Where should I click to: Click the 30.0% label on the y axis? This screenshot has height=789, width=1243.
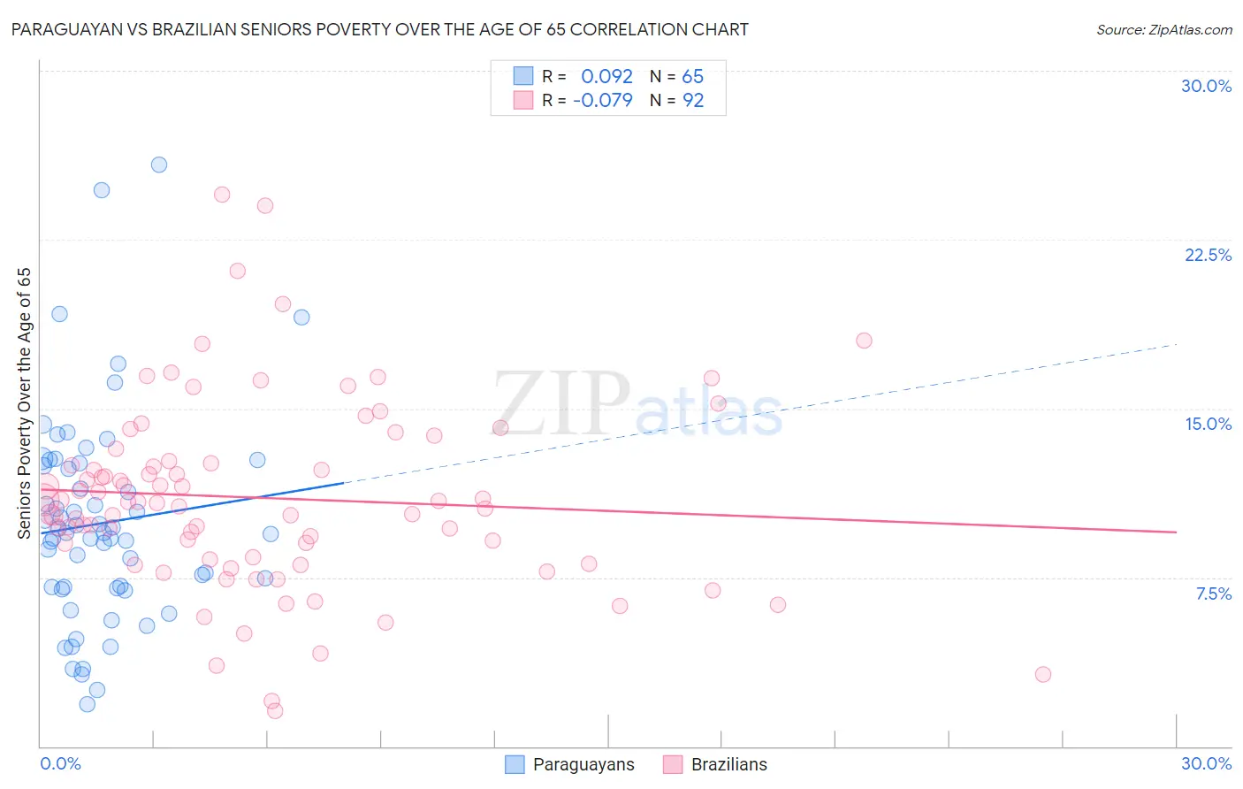coord(1206,86)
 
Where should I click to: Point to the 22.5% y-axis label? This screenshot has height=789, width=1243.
coord(1208,255)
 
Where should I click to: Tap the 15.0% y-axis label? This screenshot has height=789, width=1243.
coord(1208,424)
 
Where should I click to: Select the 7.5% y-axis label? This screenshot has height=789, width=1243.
coord(1213,594)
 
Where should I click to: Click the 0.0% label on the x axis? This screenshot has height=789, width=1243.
coord(60,763)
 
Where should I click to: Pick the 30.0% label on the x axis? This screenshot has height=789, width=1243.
coord(1206,763)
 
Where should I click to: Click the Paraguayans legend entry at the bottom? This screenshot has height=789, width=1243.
coord(583,764)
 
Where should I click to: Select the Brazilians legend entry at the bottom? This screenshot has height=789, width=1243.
coord(728,764)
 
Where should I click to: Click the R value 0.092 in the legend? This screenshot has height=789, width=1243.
coord(606,77)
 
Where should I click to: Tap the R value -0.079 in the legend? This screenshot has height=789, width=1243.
coord(603,100)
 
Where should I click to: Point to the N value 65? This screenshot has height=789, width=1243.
coord(692,77)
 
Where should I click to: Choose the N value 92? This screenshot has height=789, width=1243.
coord(693,100)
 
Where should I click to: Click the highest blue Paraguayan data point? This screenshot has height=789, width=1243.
coord(159,165)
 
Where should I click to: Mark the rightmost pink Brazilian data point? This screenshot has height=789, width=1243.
coord(1043,674)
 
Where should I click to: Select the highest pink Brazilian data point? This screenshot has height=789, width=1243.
coord(222,195)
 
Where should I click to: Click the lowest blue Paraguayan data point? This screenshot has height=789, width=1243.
coord(87,704)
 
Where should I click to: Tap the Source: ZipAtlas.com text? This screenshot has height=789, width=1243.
coord(1163,30)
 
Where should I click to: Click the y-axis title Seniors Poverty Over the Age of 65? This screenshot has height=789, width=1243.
coord(25,402)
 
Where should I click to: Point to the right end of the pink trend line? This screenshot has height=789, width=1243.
coord(1176,532)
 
